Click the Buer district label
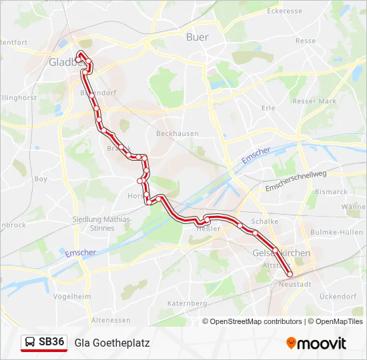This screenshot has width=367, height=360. pyautogui.click(x=197, y=37)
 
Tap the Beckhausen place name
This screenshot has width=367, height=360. pyautogui.click(x=177, y=133)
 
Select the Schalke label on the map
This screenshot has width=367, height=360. pyautogui.click(x=264, y=221)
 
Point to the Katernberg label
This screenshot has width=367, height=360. pyautogui.click(x=187, y=303)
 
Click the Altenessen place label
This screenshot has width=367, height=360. pyautogui.click(x=111, y=320)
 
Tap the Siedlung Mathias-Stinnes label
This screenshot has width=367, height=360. pyautogui.click(x=103, y=223)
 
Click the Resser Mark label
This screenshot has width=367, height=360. pyautogui.click(x=314, y=101)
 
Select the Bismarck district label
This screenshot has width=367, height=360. pyautogui.click(x=331, y=191)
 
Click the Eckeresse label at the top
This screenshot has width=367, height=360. pyautogui.click(x=284, y=11)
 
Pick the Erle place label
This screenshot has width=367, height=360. pyautogui.click(x=268, y=107)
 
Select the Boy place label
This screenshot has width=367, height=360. pyautogui.click(x=41, y=179)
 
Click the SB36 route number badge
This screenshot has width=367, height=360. pyautogui.click(x=51, y=342)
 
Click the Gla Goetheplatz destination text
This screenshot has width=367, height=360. pyautogui.click(x=112, y=343)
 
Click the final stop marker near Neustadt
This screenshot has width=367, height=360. pyautogui.click(x=290, y=274)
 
